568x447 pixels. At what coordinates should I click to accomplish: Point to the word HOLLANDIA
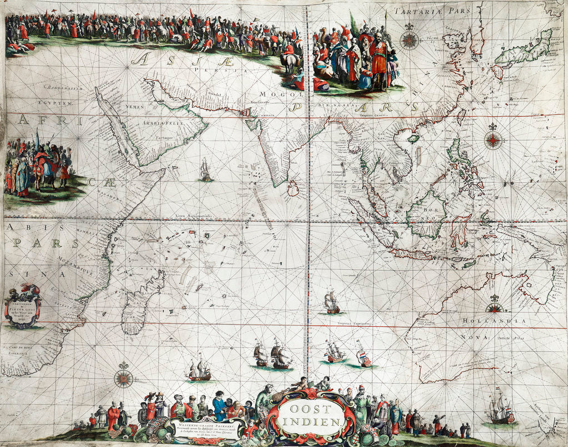pos(488,321)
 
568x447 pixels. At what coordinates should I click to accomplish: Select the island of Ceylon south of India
pos(293,190)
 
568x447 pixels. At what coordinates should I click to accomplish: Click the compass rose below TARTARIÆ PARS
pos(409,40)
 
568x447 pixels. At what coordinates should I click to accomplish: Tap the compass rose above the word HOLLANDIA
pos(494,305)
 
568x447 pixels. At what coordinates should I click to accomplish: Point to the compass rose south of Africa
pos(123,379)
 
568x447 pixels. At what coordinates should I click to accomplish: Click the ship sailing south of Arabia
pos(206,171)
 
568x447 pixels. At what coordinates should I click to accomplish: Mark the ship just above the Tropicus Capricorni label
pos(332,302)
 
